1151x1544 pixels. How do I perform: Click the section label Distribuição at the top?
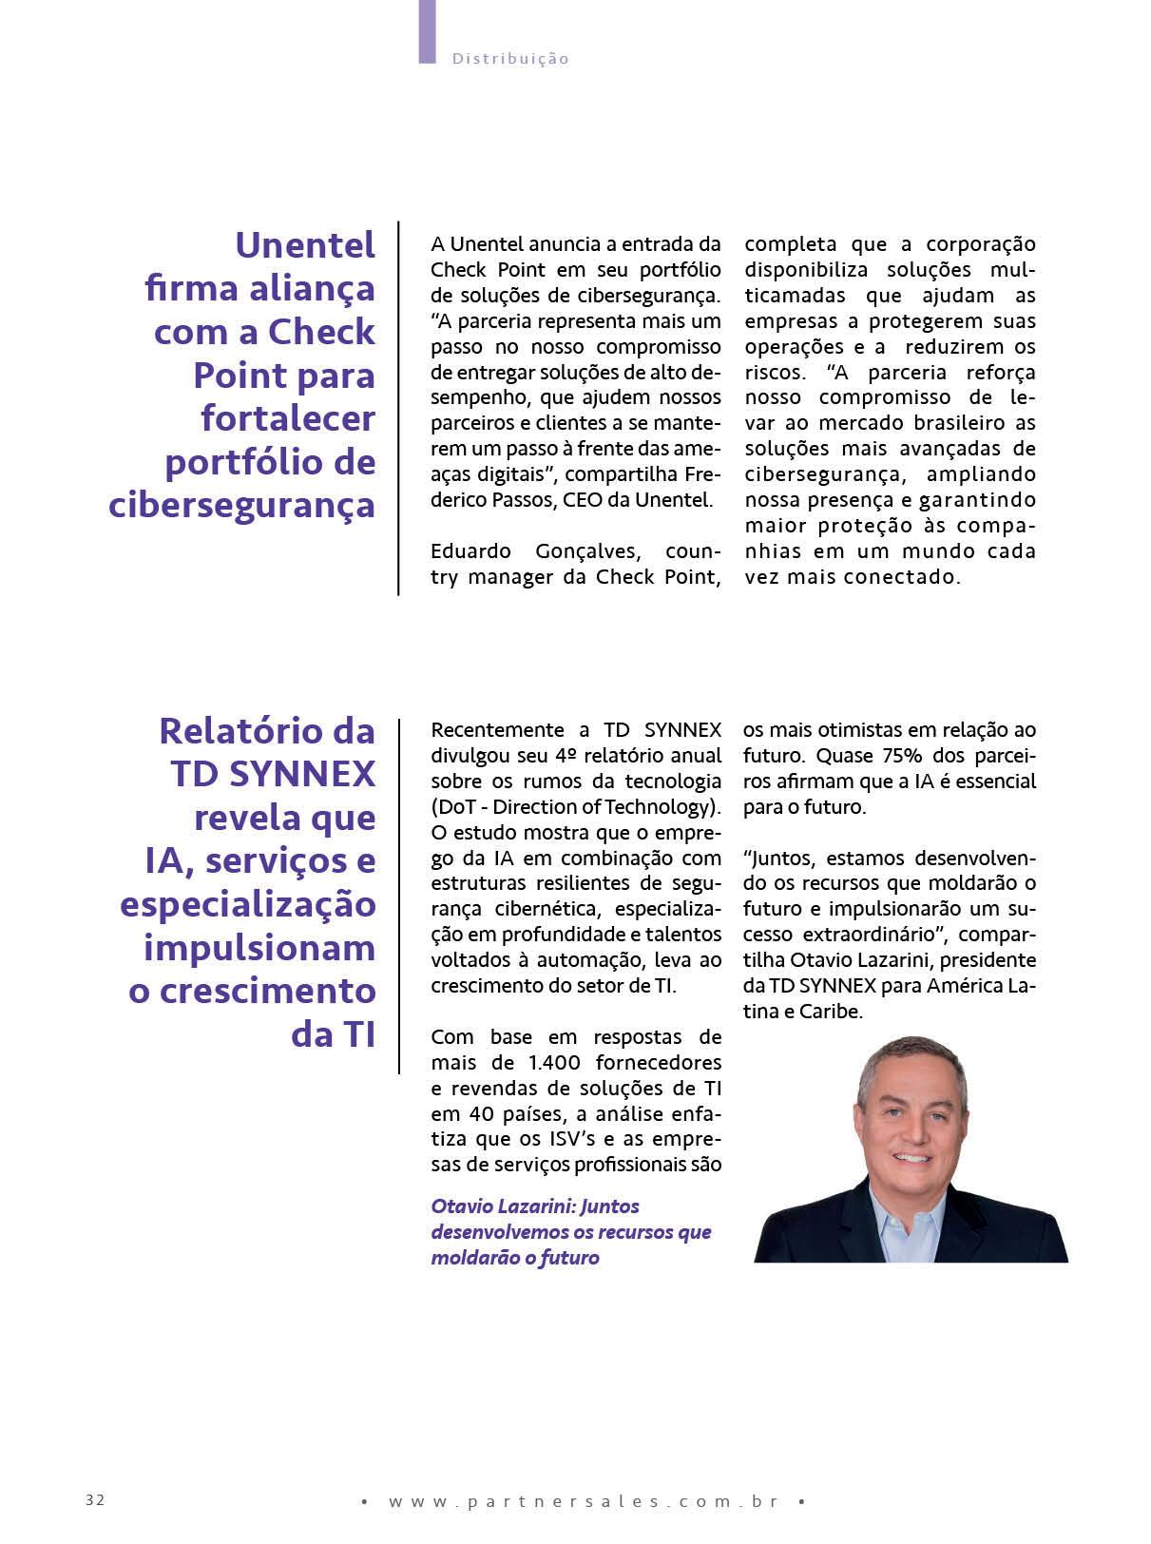[x=510, y=59]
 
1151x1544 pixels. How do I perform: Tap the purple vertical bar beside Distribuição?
[x=427, y=31]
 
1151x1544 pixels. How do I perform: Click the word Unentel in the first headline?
[x=305, y=245]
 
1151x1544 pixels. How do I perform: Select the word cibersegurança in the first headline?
[x=242, y=505]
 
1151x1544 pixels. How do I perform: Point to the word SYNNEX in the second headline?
[x=301, y=774]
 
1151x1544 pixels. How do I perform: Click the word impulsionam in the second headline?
[x=259, y=948]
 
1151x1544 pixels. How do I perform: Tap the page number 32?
[x=95, y=1499]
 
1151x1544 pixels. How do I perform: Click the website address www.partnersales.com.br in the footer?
[x=584, y=1501]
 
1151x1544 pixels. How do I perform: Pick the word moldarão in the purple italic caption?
[x=468, y=1258]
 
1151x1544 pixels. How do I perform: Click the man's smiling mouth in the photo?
[x=911, y=1158]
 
